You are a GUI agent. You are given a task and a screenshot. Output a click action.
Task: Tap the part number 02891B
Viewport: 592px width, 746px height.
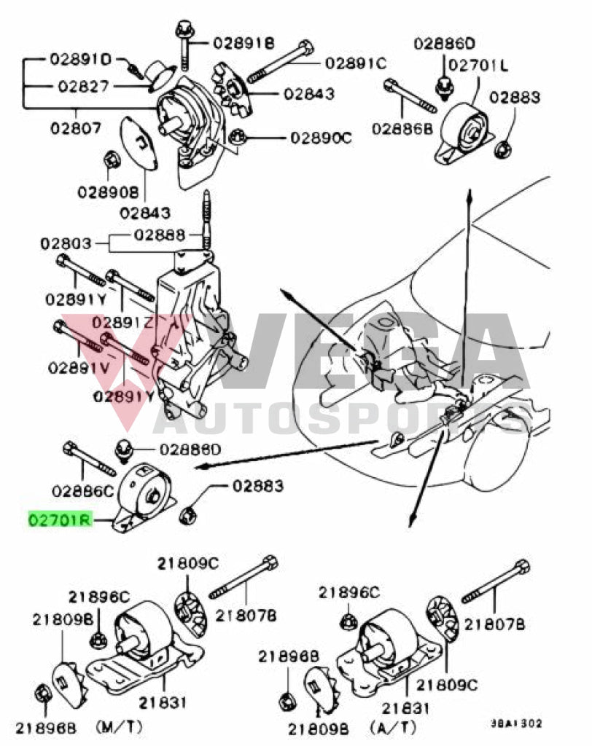click(244, 44)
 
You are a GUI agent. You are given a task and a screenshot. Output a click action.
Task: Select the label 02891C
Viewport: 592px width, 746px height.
click(356, 63)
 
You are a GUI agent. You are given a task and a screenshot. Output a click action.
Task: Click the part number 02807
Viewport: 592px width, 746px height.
click(76, 128)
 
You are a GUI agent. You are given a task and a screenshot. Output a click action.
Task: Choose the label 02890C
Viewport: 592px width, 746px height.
click(322, 136)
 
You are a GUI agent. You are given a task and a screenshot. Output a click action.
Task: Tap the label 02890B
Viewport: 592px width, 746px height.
click(108, 192)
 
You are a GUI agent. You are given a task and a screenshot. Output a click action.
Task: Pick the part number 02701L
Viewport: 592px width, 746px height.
click(478, 66)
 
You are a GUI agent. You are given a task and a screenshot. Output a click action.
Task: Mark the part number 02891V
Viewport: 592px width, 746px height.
click(79, 367)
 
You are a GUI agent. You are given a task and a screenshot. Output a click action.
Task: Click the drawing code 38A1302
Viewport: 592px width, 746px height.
click(516, 723)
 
